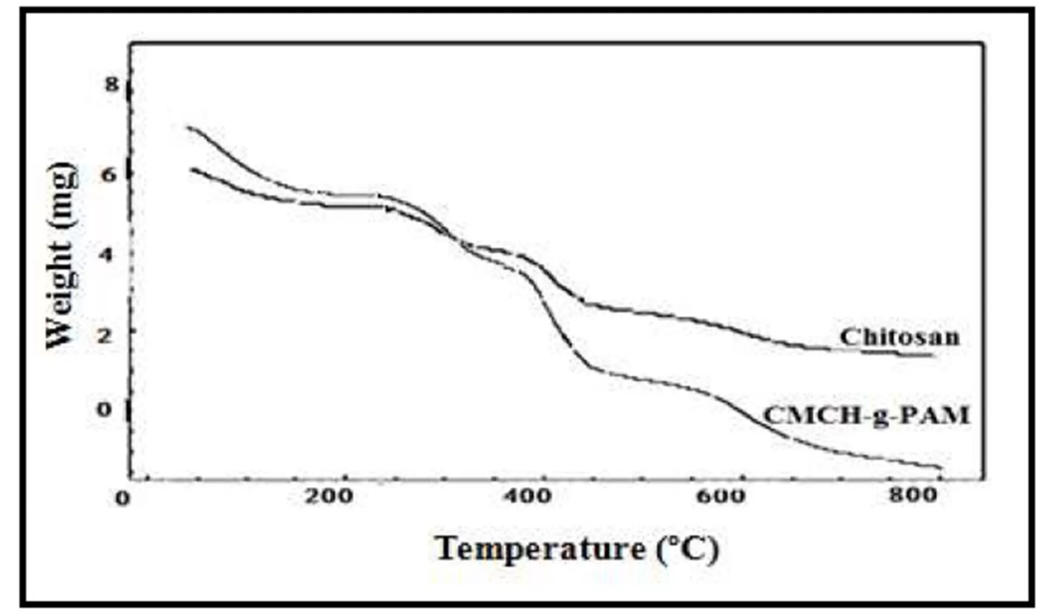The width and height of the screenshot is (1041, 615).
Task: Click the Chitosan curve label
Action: (x=899, y=337)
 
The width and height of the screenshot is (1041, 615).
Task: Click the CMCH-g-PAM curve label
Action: (x=866, y=415)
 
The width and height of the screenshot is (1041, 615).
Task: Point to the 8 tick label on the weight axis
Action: (x=112, y=84)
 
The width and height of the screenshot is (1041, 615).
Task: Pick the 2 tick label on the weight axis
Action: (x=105, y=334)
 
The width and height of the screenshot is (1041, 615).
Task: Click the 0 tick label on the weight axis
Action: (x=104, y=409)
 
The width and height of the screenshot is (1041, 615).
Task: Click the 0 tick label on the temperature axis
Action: (x=123, y=498)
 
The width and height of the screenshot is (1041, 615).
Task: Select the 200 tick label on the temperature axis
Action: (x=329, y=495)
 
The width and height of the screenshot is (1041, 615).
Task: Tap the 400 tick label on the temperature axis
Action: (x=526, y=495)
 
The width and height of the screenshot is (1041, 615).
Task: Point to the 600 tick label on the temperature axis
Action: (x=721, y=495)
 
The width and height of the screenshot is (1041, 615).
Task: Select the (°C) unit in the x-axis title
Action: (x=687, y=549)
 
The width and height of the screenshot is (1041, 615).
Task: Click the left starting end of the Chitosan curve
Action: (x=188, y=127)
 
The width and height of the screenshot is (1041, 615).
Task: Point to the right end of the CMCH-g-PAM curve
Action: (x=941, y=467)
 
